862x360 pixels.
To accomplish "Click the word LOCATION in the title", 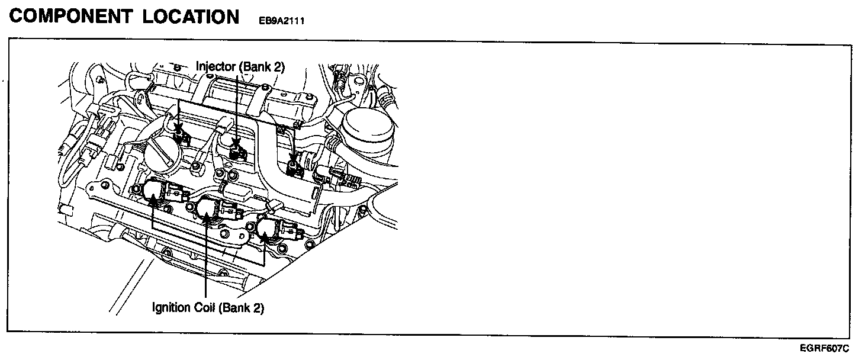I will (191, 17).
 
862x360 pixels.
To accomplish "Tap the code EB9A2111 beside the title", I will (281, 20).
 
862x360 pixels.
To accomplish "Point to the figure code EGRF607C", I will (825, 348).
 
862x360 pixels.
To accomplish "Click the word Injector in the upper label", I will (215, 67).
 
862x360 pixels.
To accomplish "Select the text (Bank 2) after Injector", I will (261, 67).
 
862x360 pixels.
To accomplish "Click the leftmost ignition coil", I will (155, 191).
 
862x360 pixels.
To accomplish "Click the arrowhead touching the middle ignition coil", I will (205, 220).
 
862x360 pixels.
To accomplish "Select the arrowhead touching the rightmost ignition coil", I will (264, 240).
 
